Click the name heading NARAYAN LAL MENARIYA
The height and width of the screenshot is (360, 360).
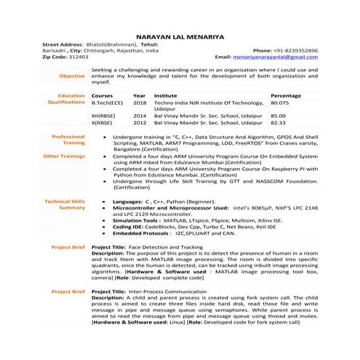[180, 36]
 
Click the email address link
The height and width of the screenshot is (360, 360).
[276, 56]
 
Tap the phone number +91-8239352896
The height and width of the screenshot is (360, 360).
[295, 49]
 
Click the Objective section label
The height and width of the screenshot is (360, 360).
[72, 76]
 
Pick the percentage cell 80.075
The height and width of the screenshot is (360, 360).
[280, 103]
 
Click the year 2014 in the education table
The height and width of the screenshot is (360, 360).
[140, 115]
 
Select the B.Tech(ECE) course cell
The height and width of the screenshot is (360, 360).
[108, 103]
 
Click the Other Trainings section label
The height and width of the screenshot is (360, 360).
[64, 156]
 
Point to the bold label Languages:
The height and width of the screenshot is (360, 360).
[127, 200]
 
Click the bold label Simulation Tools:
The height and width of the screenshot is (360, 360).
[136, 219]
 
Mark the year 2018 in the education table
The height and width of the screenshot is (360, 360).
[140, 103]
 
